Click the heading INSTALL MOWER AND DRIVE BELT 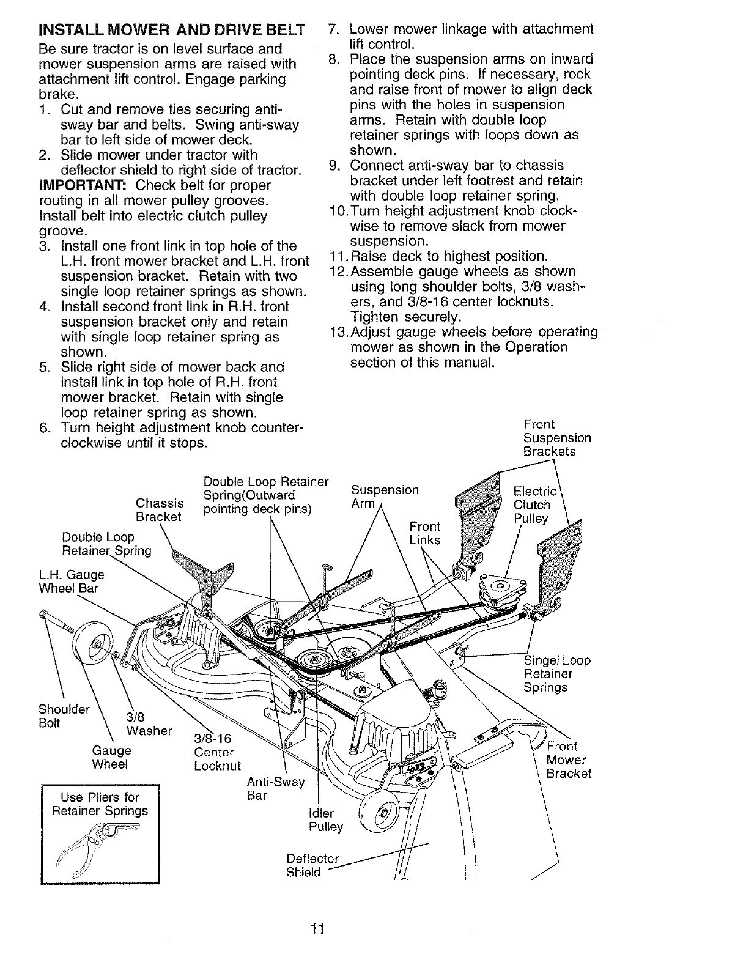[x=171, y=30]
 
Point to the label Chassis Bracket [x=160, y=509]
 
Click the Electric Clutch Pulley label [x=535, y=505]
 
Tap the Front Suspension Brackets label [x=557, y=438]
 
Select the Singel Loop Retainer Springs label [x=557, y=674]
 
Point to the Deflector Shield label [x=312, y=865]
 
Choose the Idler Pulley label [x=326, y=820]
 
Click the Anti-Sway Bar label [x=275, y=789]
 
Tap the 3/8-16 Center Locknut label [x=217, y=753]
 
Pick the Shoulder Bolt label [x=64, y=716]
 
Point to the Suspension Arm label [x=385, y=497]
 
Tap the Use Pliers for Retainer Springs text [x=100, y=804]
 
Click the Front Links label [x=424, y=533]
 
